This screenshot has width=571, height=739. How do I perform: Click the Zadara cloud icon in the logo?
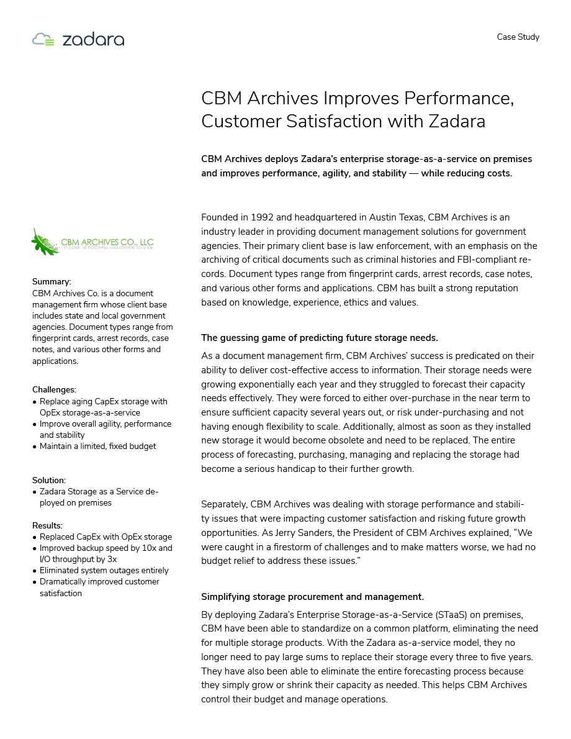43,40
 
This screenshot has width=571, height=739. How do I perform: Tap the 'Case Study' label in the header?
518,37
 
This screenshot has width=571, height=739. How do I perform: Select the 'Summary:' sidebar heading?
52,282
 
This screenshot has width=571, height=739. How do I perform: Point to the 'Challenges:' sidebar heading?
54,390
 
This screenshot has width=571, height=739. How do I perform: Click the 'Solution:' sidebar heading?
49,481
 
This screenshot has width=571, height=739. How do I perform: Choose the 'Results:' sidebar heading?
47,526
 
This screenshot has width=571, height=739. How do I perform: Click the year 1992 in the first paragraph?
262,217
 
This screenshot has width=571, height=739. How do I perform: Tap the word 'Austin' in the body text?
384,217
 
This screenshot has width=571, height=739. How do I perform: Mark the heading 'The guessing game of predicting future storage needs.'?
319,338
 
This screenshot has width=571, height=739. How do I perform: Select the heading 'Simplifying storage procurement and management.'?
312,597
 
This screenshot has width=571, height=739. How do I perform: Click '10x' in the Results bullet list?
149,548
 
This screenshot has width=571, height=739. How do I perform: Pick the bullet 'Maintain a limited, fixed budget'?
97,447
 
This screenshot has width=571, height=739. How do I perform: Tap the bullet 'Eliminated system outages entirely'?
104,571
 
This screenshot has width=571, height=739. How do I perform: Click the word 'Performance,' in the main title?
459,99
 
